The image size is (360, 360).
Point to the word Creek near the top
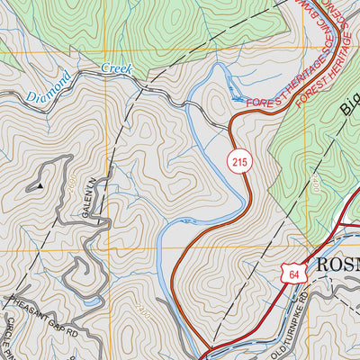pos(116,69)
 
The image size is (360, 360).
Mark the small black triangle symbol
pos(40,185)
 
